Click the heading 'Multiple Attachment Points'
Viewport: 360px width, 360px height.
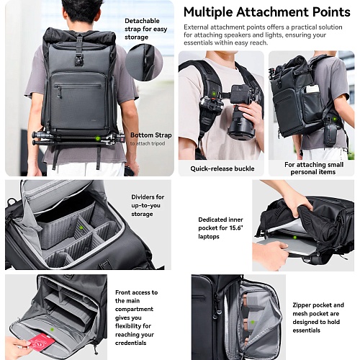pos(266,12)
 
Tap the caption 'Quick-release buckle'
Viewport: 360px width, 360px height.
pos(222,168)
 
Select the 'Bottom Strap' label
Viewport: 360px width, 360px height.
pos(151,135)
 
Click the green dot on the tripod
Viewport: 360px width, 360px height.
pos(97,138)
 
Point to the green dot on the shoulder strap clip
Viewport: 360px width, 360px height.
pos(212,94)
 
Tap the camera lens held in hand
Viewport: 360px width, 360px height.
pos(240,125)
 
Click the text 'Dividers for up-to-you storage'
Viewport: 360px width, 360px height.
pos(148,205)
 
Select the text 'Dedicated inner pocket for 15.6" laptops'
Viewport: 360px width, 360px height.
pos(220,228)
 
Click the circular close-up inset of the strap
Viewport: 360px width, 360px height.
pos(144,63)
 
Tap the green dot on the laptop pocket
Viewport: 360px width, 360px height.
pos(294,238)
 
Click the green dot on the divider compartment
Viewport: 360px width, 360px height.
pos(81,228)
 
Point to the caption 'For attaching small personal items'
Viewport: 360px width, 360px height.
pos(314,168)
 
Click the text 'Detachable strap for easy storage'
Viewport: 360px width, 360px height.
pos(145,29)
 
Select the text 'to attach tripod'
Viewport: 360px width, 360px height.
pos(148,143)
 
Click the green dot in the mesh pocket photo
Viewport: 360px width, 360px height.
pos(253,322)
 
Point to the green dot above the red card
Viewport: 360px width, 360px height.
pos(52,330)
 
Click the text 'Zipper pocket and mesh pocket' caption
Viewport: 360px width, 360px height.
pos(318,309)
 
